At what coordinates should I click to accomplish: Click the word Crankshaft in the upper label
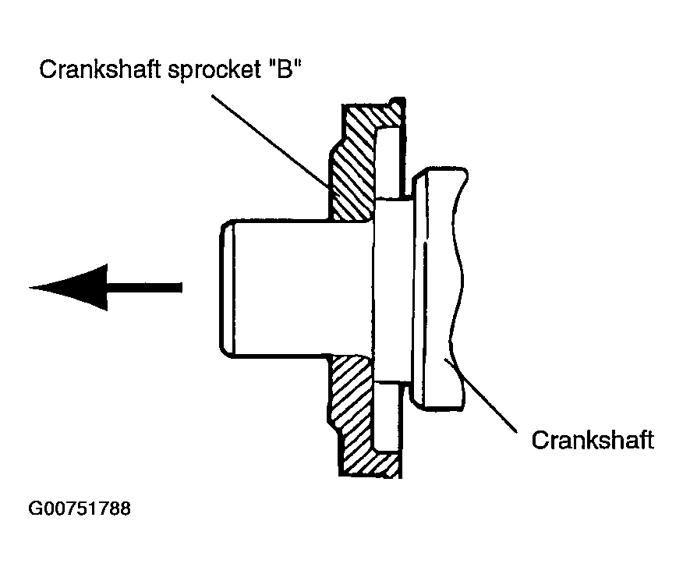(x=100, y=69)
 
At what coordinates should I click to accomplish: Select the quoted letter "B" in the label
(x=285, y=69)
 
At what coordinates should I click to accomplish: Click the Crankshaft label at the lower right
(x=593, y=440)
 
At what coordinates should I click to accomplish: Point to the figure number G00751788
(x=80, y=508)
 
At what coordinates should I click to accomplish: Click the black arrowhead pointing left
(x=69, y=287)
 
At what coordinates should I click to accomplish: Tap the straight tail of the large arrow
(x=144, y=288)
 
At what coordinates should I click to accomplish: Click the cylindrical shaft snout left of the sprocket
(x=296, y=289)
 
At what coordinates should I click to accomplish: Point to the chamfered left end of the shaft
(x=227, y=289)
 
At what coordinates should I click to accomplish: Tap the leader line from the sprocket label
(x=270, y=142)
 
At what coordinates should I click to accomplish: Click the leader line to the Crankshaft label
(x=480, y=395)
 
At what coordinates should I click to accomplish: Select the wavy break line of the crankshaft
(x=458, y=288)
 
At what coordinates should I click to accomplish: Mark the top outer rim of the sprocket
(x=373, y=105)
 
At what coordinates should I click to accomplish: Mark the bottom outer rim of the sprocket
(x=370, y=475)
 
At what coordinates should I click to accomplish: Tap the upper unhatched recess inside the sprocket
(x=388, y=162)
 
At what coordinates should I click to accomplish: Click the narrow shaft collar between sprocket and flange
(x=392, y=289)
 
